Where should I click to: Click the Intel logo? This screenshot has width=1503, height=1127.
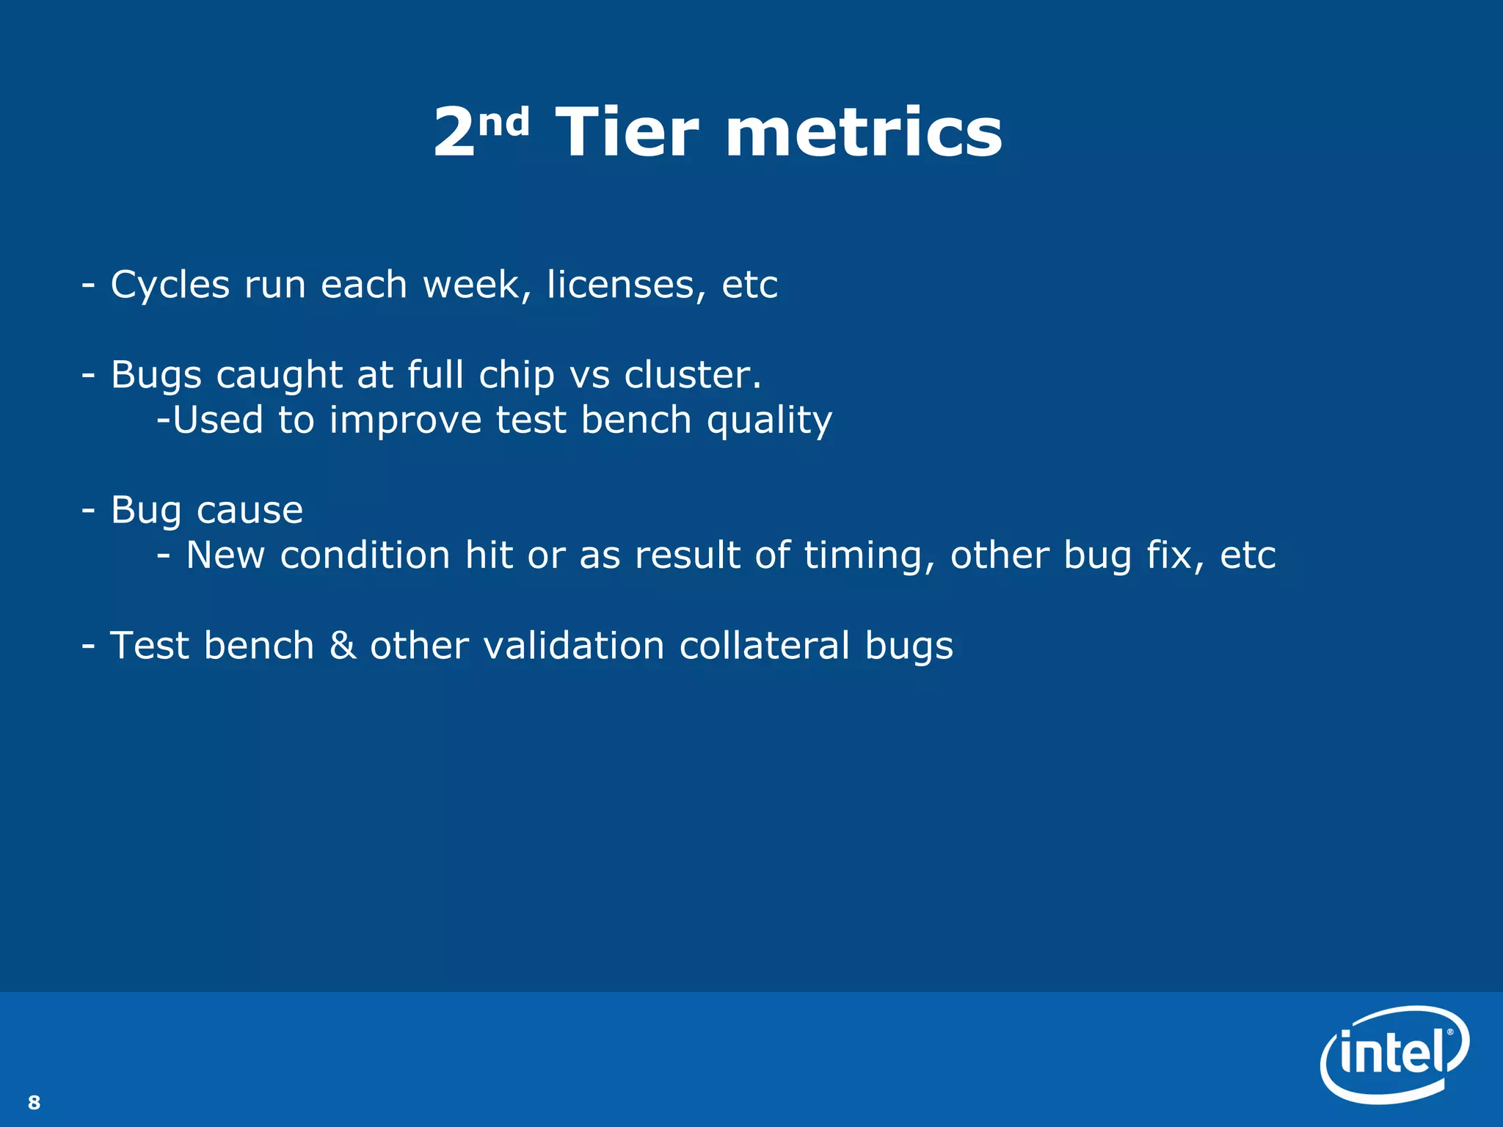click(1394, 1054)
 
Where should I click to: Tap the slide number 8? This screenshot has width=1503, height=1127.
click(34, 1102)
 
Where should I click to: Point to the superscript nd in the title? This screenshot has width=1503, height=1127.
click(503, 121)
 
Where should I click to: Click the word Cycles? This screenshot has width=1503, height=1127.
click(170, 285)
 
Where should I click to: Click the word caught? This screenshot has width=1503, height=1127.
click(279, 376)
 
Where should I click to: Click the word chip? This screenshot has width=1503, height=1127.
click(517, 376)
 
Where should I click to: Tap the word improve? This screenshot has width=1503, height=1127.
click(405, 421)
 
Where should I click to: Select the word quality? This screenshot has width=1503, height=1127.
click(769, 421)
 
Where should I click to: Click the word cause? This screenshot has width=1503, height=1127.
click(250, 511)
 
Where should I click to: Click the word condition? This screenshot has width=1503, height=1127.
click(365, 555)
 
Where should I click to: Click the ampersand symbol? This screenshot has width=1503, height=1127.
click(343, 646)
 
